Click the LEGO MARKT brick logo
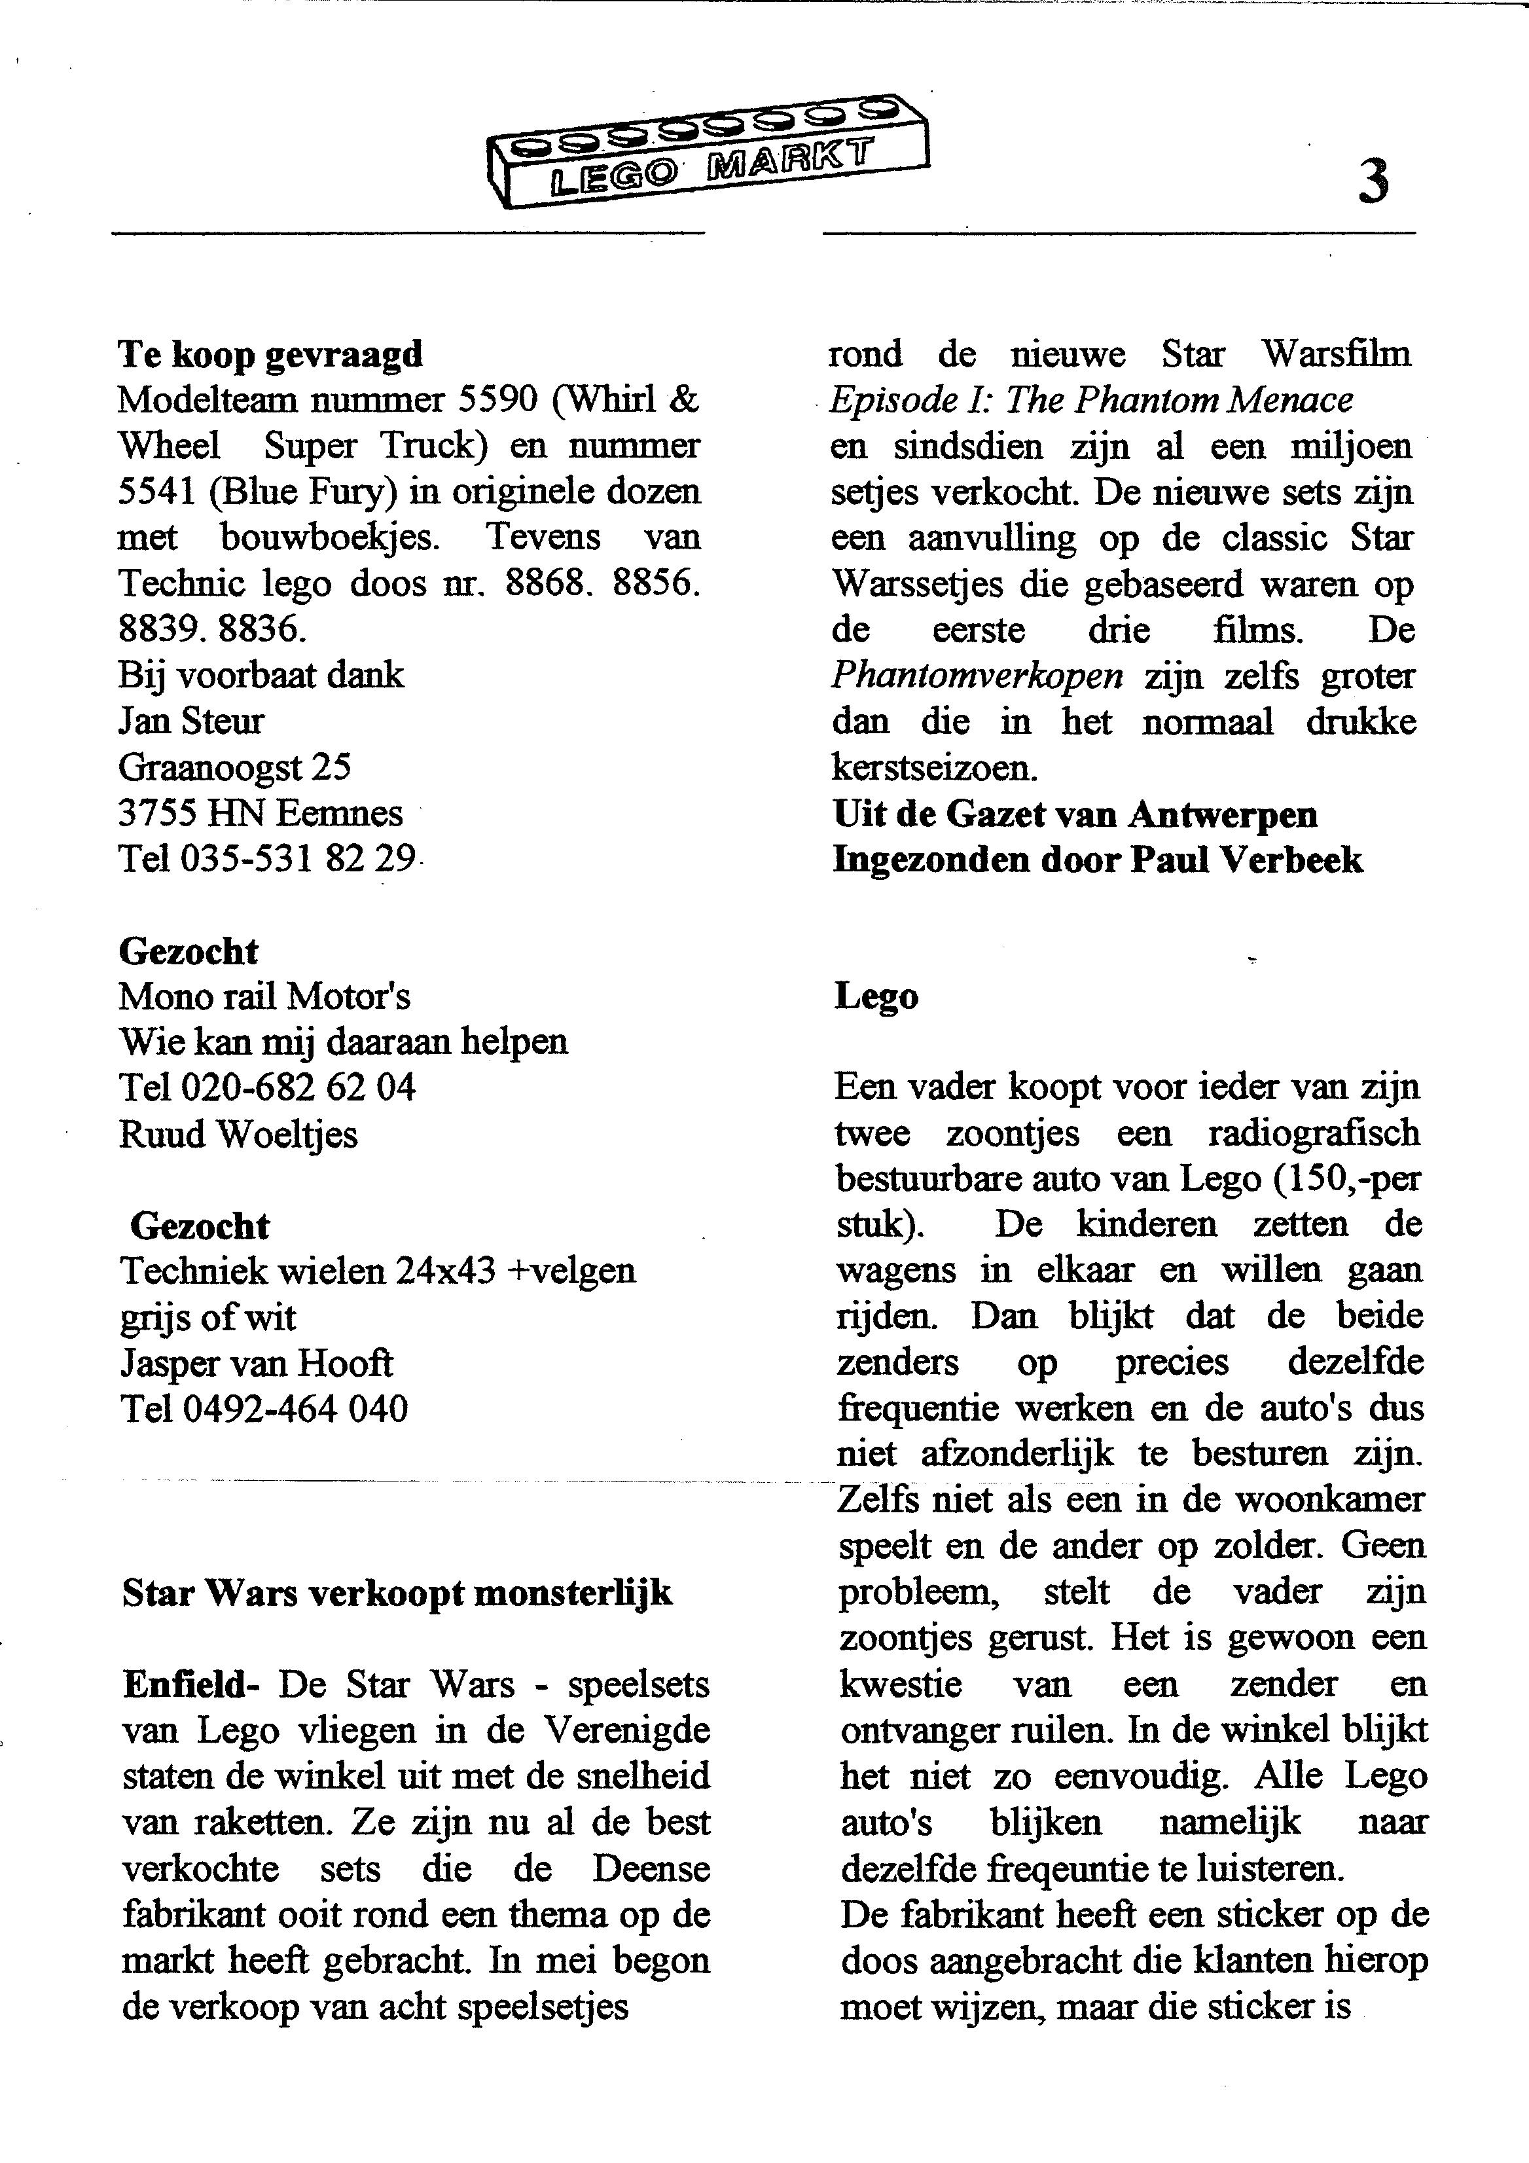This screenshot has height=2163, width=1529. pyautogui.click(x=708, y=151)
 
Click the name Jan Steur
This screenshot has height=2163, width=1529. pyautogui.click(x=191, y=721)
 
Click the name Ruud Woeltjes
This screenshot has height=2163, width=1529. pyautogui.click(x=238, y=1135)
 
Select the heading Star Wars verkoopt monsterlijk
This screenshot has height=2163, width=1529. pyautogui.click(x=397, y=1593)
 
